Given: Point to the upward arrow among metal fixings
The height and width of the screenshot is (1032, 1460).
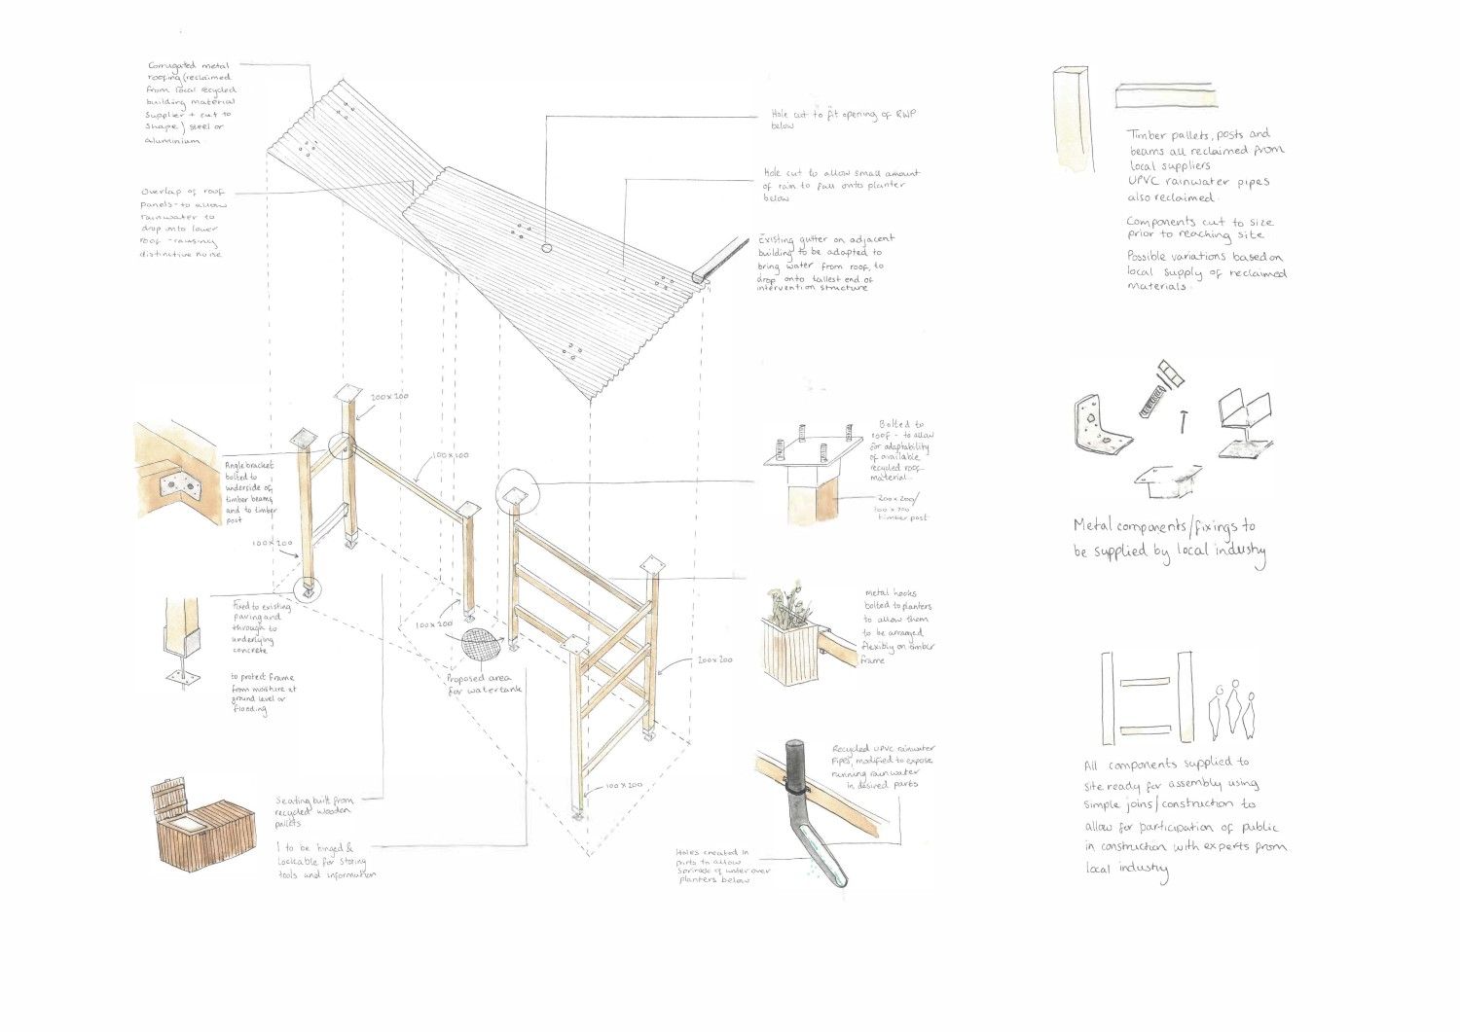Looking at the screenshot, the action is [x=1183, y=420].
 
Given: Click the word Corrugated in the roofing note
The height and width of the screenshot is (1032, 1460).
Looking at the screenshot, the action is [x=182, y=65].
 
